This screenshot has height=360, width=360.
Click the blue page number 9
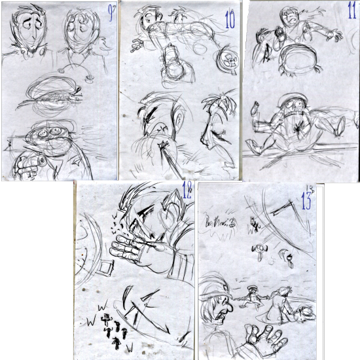point(109,13)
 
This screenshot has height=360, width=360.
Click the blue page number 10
point(229,20)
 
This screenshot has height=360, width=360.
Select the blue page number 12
point(187,192)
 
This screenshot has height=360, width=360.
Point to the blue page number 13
point(306,200)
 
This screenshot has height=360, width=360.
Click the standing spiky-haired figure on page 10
point(216,128)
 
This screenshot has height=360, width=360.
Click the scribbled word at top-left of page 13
point(220,225)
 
